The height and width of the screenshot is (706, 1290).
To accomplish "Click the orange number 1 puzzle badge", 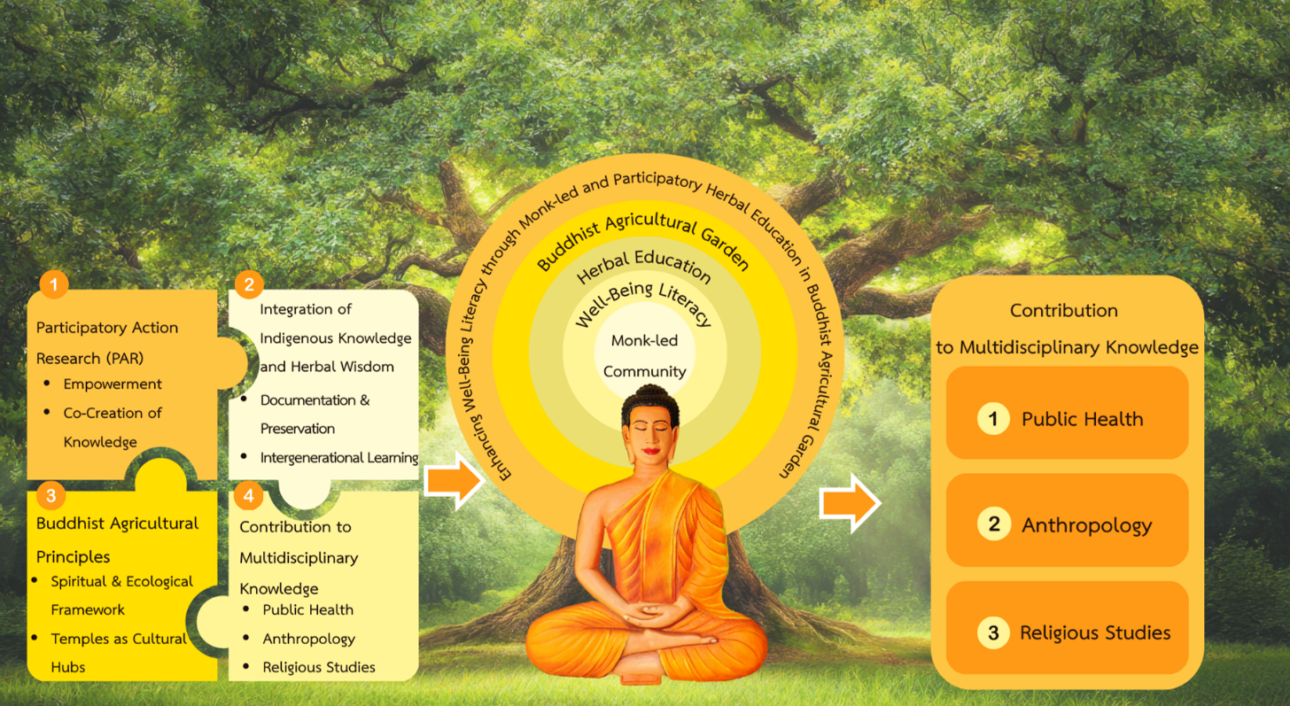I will (54, 284).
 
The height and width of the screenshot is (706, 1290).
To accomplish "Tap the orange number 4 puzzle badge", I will (249, 496).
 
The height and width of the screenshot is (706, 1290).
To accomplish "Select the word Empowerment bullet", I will (112, 384).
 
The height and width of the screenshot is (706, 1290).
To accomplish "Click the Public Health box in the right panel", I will (1067, 419).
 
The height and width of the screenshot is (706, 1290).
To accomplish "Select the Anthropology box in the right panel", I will (1067, 525).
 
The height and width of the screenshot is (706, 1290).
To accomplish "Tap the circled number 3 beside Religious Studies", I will (993, 632).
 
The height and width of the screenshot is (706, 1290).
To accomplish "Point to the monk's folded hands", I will (649, 613).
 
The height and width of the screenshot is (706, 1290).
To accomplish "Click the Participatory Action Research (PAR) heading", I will (106, 343).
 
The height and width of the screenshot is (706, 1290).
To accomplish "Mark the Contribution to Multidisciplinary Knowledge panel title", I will (1066, 329).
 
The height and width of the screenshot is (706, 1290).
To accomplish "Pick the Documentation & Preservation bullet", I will (315, 414).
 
